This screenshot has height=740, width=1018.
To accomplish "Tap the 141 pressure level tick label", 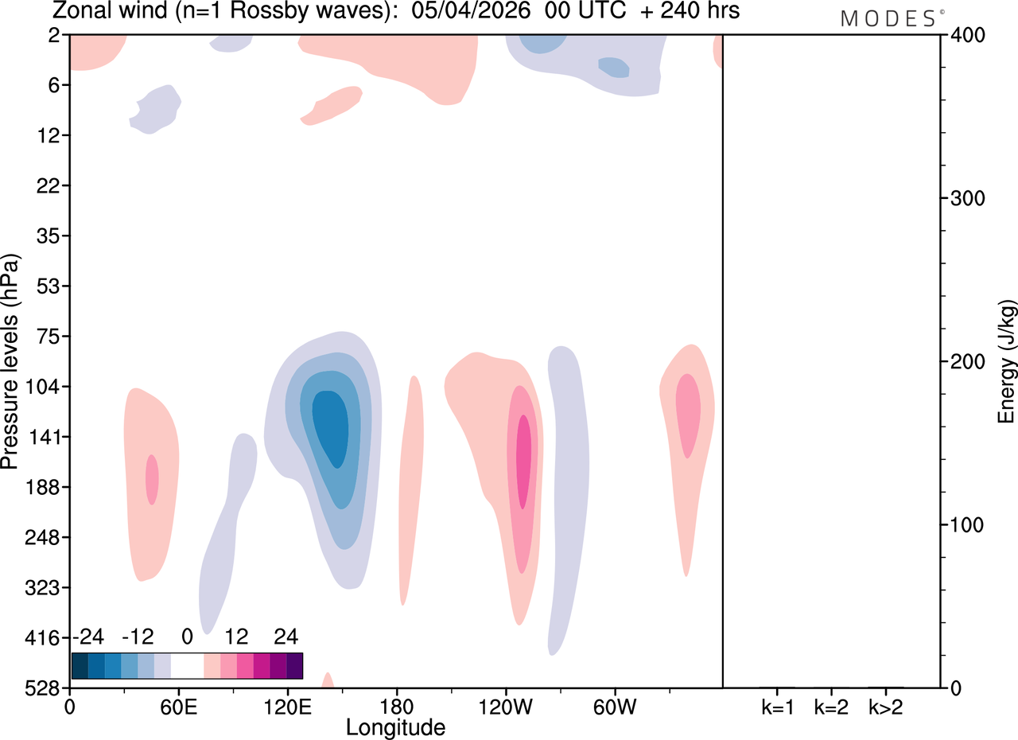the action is (x=44, y=437).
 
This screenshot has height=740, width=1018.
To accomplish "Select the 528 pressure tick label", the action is (x=42, y=688).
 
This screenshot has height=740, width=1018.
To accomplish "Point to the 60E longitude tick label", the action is (x=179, y=707).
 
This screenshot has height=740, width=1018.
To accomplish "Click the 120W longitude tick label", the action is (x=505, y=707).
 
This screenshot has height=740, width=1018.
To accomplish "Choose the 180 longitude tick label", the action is (x=397, y=707).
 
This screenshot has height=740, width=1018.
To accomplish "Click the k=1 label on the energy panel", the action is (x=778, y=707).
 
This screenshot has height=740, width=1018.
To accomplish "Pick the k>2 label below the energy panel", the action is (x=886, y=707).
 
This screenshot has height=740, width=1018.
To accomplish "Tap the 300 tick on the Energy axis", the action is (x=968, y=198).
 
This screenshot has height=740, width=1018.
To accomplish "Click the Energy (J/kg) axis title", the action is (x=1006, y=362).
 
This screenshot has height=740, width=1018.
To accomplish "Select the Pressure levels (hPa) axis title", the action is (x=10, y=361).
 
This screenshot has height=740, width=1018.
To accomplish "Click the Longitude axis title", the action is (x=396, y=727).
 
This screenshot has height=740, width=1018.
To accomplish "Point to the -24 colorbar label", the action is (x=87, y=637).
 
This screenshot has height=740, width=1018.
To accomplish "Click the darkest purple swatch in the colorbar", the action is (x=295, y=666).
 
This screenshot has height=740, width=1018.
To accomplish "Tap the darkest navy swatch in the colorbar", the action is (x=80, y=666).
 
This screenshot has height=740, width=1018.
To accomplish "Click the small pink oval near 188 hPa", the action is (x=152, y=480).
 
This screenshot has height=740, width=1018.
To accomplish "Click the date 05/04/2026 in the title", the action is (x=471, y=10).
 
